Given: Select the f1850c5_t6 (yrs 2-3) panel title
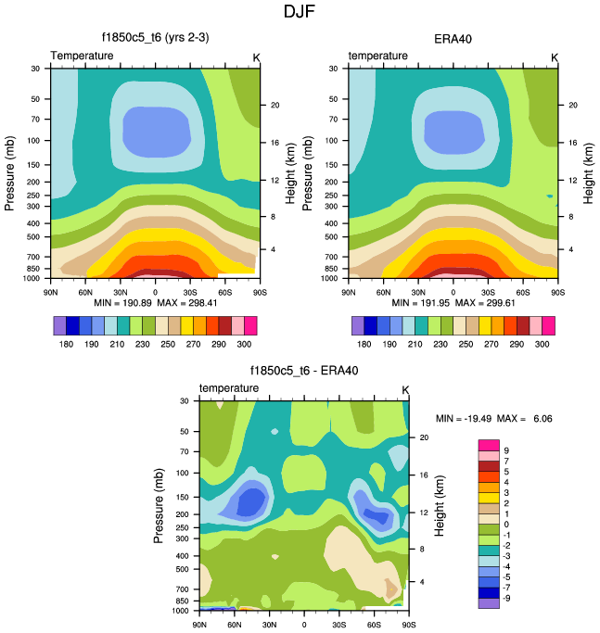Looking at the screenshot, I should (155, 38).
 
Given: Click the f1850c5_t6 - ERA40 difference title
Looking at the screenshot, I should (304, 371).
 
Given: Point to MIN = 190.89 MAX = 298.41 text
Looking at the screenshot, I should (155, 302).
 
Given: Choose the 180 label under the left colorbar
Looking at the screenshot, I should (67, 343).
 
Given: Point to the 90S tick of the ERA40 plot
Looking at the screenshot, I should (557, 290).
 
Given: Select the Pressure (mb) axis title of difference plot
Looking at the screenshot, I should (159, 505).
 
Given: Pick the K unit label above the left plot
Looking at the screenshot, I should (257, 57).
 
